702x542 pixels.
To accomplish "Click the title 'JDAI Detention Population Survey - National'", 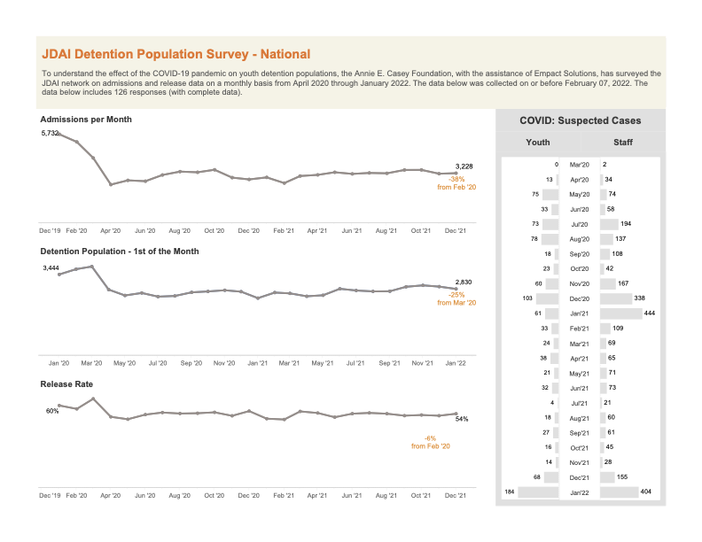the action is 176,54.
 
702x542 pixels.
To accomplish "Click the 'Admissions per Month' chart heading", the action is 86,120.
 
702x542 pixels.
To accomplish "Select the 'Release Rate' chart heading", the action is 66,384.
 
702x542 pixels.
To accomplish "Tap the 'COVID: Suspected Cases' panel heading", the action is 581,120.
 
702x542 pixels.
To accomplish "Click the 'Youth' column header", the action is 538,143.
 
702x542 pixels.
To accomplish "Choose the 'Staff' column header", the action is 623,143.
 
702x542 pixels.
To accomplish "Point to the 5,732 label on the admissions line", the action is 50,133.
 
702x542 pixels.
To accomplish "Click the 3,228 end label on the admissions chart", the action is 464,166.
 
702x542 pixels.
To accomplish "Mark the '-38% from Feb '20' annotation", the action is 456,183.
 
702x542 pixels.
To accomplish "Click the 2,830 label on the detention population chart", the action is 464,283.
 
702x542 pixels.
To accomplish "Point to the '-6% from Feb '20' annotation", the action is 431,442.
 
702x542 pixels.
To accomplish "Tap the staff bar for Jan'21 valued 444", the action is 621,314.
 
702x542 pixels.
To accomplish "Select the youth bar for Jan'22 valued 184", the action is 538,492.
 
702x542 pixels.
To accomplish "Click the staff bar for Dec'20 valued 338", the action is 616,298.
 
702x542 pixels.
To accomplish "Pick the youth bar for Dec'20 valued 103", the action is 547,298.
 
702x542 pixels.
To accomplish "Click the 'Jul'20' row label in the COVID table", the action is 580,224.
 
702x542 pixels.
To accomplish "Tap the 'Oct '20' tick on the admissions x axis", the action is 214,231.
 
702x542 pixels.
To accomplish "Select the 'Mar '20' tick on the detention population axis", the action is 91,363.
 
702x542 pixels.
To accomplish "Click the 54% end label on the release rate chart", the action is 462,419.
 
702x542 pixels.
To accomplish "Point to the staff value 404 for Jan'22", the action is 645,492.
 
